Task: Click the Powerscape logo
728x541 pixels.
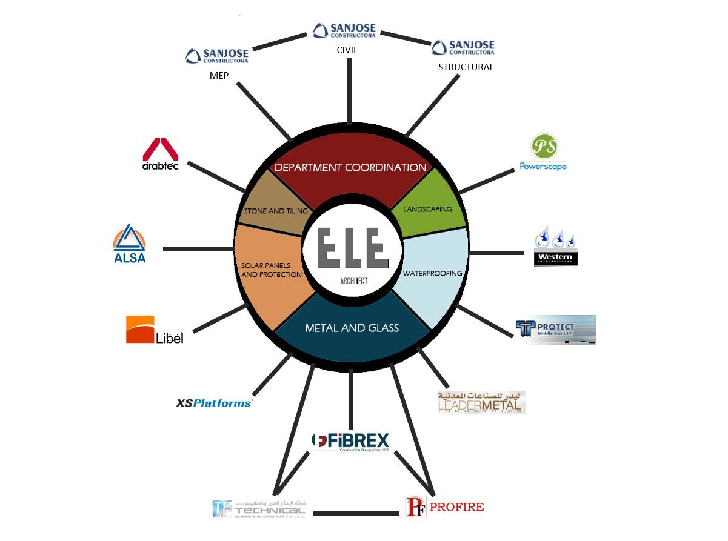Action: (x=543, y=153)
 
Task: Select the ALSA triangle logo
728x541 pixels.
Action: (x=129, y=244)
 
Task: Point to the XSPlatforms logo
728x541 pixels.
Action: (x=213, y=403)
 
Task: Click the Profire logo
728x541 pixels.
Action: (x=444, y=506)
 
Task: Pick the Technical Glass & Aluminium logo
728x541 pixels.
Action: (x=259, y=508)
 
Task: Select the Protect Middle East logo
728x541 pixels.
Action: (x=555, y=330)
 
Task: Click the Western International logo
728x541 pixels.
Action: (x=555, y=249)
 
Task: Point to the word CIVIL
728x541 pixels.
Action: (x=347, y=50)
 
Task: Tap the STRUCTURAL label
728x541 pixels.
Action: (x=466, y=67)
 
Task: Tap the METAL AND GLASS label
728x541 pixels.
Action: (x=352, y=328)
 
